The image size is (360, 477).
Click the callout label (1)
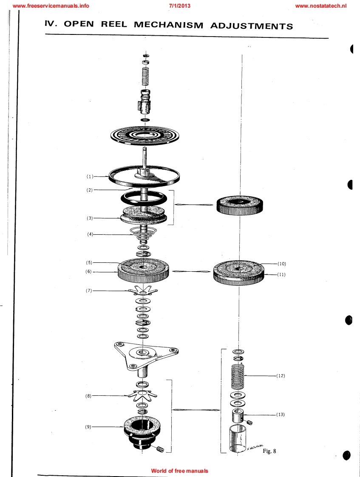(90, 176)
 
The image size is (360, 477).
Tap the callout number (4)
(90, 234)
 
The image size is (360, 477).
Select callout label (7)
(89, 290)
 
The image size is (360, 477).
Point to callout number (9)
(88, 427)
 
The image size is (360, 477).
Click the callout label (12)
(281, 376)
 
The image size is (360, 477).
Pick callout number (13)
(281, 415)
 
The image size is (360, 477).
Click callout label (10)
(281, 264)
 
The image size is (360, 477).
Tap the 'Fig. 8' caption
(269, 451)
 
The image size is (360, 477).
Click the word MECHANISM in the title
(168, 25)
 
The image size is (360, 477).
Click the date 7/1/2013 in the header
(180, 6)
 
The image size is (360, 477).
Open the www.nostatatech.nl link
(321, 6)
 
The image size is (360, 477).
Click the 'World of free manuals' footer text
(180, 471)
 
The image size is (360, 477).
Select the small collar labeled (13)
(238, 415)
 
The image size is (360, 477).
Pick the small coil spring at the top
(146, 76)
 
